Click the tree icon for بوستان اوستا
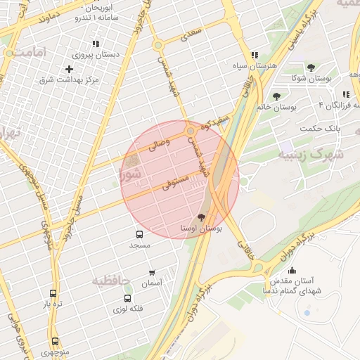coord(203,217)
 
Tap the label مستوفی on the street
coord(174,184)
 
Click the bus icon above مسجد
coord(139,235)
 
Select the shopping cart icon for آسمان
coord(152,272)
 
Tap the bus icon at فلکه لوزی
coord(127,298)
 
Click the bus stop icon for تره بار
coord(53,293)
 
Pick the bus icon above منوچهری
coord(55,341)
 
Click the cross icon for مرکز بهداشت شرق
coord(69,69)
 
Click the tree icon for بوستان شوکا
coord(311,67)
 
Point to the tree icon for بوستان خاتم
coord(276,97)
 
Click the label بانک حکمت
coord(319,128)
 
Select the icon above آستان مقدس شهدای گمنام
coord(292,271)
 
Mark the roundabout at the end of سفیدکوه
coord(191,131)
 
